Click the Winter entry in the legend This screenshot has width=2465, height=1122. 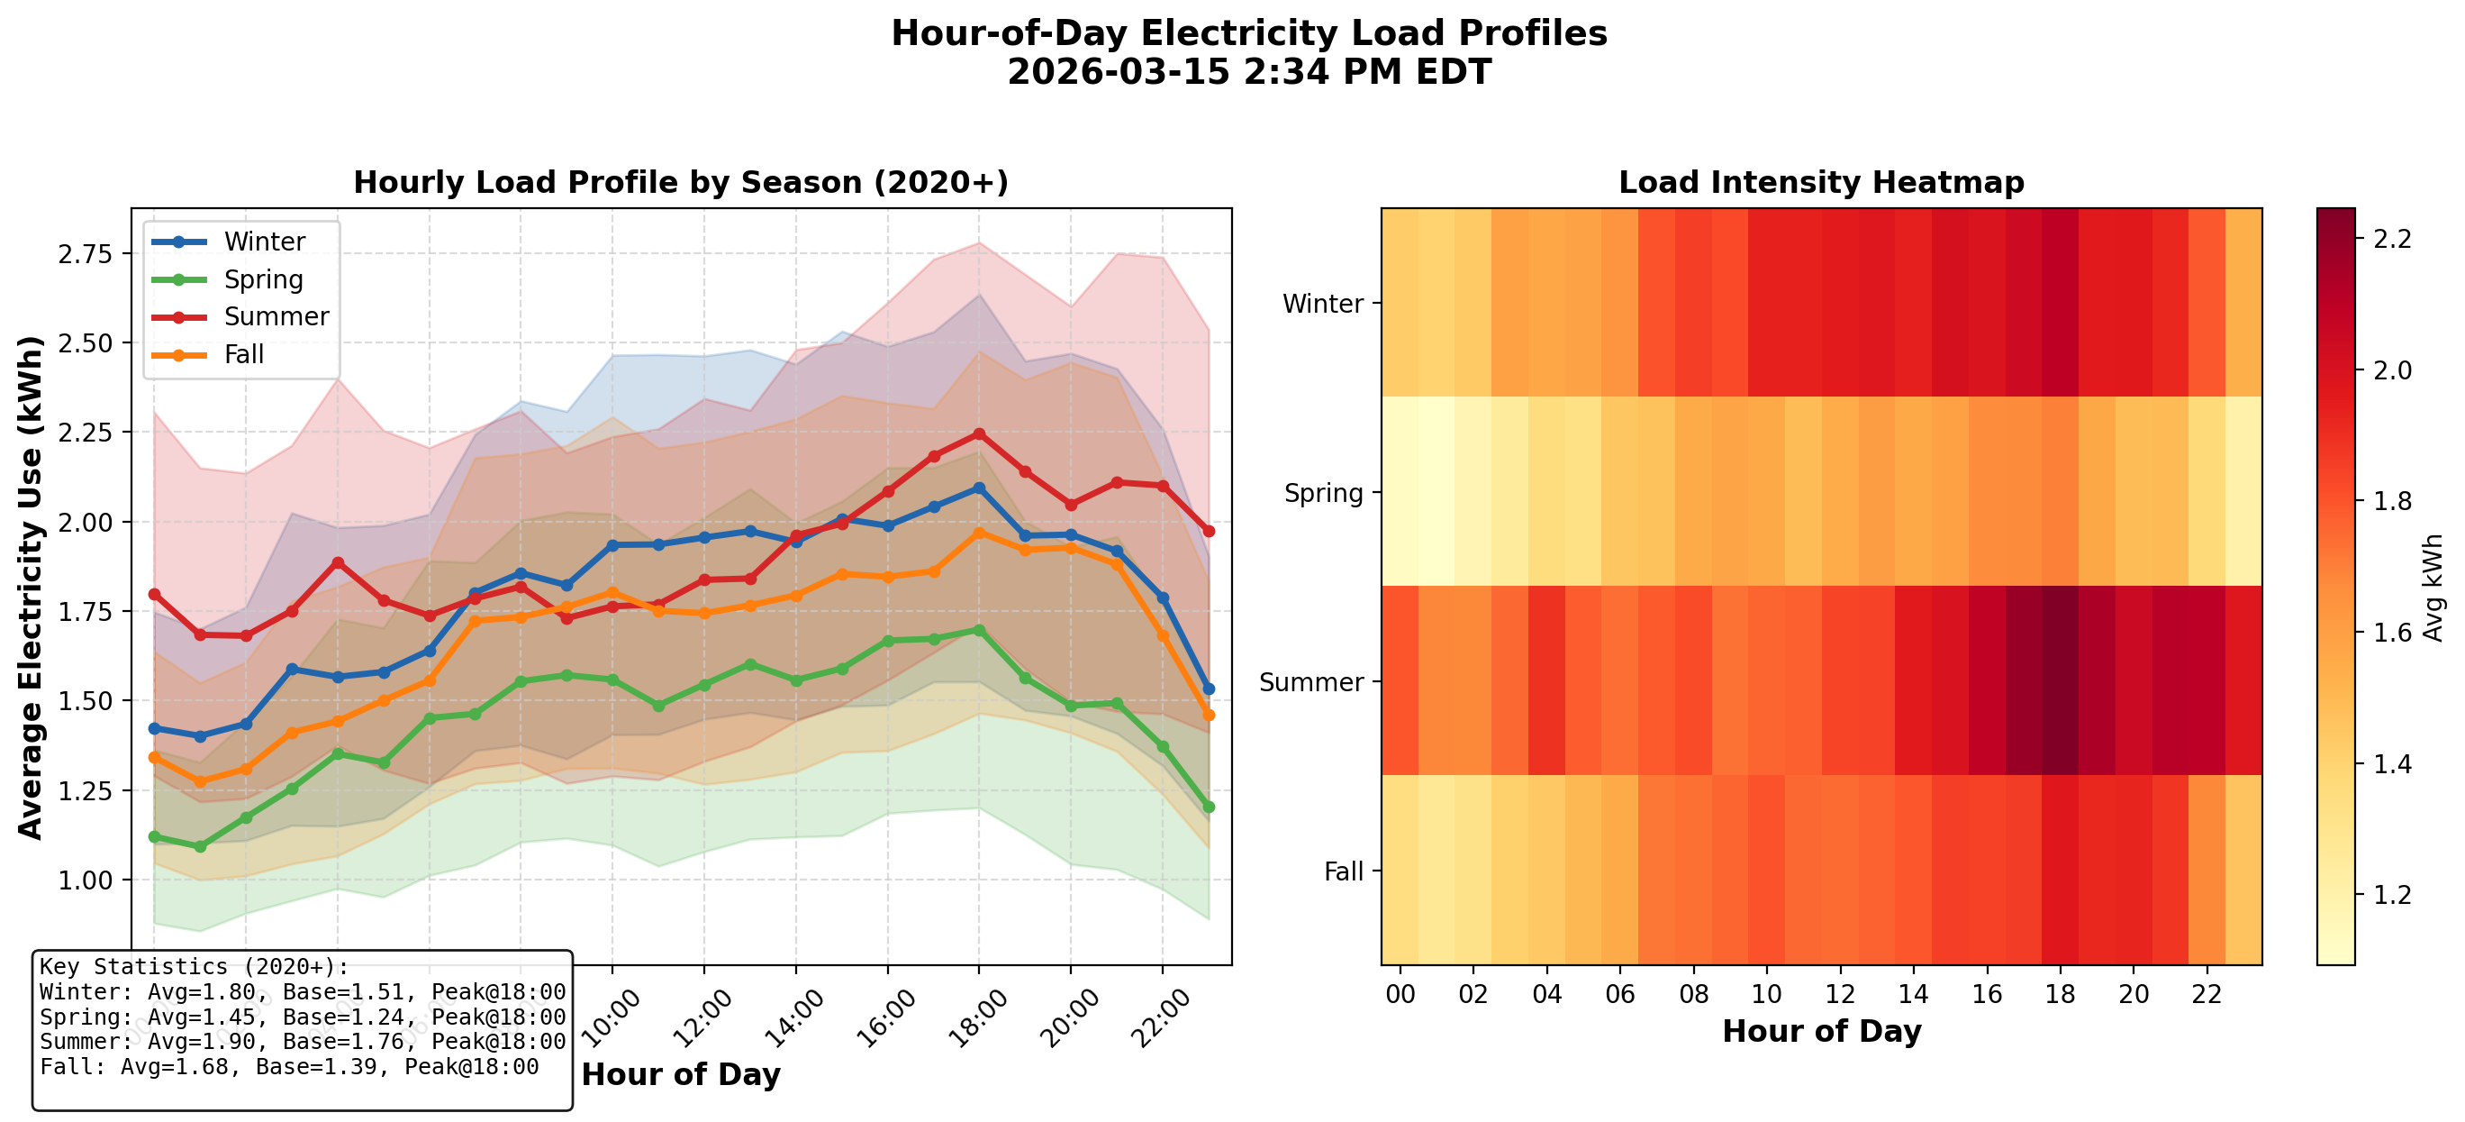(263, 242)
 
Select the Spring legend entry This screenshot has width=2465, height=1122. (263, 279)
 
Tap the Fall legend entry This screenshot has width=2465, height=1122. (243, 354)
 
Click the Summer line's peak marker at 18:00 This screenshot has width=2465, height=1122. (978, 434)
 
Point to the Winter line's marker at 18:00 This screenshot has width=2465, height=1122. (978, 488)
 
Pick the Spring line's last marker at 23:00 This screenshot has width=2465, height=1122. (1208, 807)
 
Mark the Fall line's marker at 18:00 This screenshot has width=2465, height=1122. (978, 534)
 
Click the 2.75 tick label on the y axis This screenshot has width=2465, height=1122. (86, 254)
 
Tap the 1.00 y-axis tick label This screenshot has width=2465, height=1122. (86, 880)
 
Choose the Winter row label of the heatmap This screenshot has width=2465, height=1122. (1322, 304)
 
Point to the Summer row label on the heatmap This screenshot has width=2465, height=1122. (1311, 682)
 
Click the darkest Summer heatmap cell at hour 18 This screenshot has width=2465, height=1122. (2059, 680)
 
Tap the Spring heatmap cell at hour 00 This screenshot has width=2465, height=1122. (1400, 491)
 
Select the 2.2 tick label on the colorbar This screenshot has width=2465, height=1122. (2392, 239)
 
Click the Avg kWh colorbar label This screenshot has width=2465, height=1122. (2433, 587)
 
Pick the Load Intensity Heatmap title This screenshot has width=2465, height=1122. (1820, 183)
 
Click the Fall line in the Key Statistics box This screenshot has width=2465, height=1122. (289, 1066)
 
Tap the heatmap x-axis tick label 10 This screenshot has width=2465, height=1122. (1765, 994)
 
